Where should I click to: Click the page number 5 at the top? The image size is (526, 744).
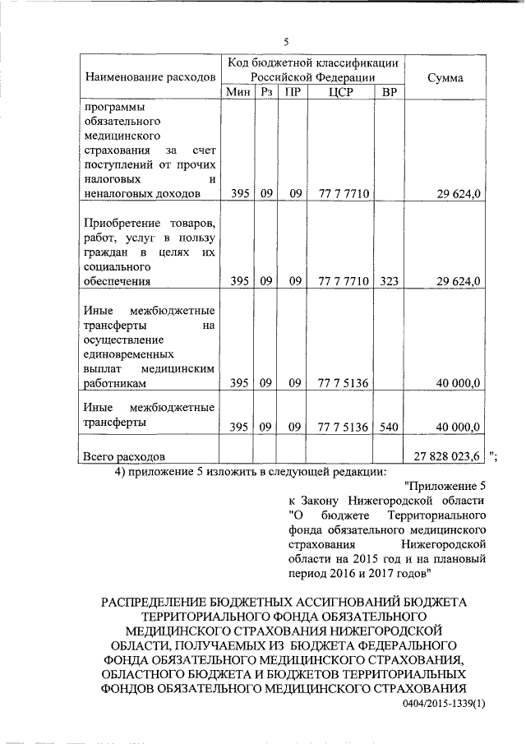pyautogui.click(x=285, y=42)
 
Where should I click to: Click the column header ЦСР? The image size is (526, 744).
pyautogui.click(x=339, y=92)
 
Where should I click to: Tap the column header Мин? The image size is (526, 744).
pyautogui.click(x=238, y=92)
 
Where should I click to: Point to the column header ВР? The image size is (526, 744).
pyautogui.click(x=389, y=92)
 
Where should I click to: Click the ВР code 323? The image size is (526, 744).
pyautogui.click(x=389, y=281)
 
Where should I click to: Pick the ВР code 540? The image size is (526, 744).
pyautogui.click(x=389, y=427)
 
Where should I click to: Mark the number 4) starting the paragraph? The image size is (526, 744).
pyautogui.click(x=121, y=471)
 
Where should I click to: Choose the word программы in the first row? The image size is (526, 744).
pyautogui.click(x=114, y=107)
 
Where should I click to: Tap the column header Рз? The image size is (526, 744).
pyautogui.click(x=265, y=92)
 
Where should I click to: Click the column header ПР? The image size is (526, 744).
pyautogui.click(x=292, y=92)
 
